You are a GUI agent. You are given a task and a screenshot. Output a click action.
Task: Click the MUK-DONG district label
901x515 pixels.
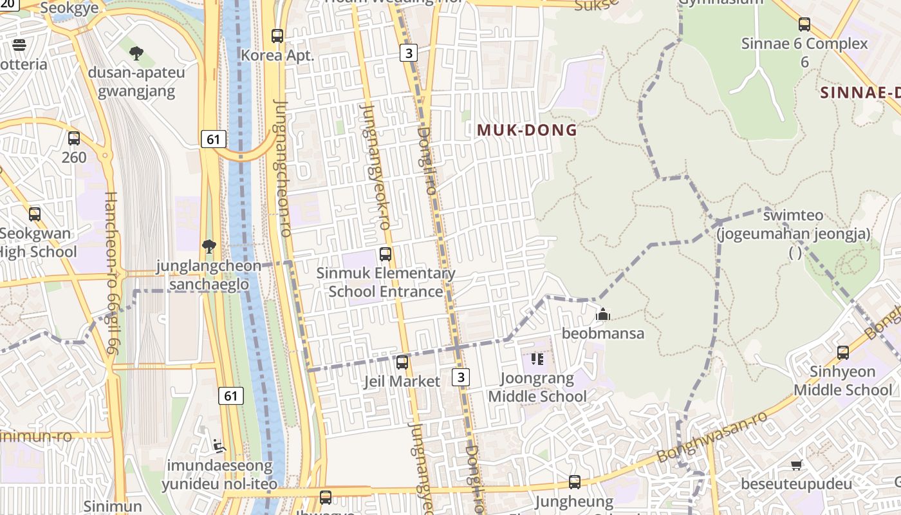point(527,130)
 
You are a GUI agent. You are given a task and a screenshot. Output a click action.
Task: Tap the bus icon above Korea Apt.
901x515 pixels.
point(277,36)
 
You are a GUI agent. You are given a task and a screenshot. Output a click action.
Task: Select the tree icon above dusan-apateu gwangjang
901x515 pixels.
point(136,53)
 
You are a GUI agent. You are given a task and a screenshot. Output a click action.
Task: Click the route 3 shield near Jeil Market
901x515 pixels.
point(460,377)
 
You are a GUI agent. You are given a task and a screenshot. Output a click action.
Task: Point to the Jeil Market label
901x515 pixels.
point(402,381)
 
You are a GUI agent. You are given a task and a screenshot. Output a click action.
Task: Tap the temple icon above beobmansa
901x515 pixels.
point(603,314)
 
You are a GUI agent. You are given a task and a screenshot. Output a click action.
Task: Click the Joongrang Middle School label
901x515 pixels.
point(537,387)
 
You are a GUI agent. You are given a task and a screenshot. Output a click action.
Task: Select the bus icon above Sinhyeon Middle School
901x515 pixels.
point(843,352)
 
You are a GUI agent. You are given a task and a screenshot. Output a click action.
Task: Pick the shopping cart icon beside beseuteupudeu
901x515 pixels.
point(797,465)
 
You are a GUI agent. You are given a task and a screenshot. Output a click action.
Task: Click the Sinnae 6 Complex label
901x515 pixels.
point(804,44)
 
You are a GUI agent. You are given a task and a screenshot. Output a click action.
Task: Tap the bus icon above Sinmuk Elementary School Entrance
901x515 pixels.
point(385,254)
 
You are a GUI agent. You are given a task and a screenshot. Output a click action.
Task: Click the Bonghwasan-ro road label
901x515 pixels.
point(712,436)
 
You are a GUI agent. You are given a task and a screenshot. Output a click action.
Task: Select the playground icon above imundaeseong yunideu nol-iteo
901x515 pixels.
point(219,445)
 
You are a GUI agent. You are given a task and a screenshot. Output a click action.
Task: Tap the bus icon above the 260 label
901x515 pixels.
point(74,138)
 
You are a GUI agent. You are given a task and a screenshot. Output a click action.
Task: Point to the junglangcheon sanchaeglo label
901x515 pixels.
point(209,276)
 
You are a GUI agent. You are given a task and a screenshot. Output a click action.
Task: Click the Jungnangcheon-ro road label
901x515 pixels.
point(283,167)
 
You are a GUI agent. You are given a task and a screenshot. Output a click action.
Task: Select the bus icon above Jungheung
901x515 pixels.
point(575,482)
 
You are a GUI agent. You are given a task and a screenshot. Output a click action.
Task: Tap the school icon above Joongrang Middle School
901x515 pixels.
point(537,359)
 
